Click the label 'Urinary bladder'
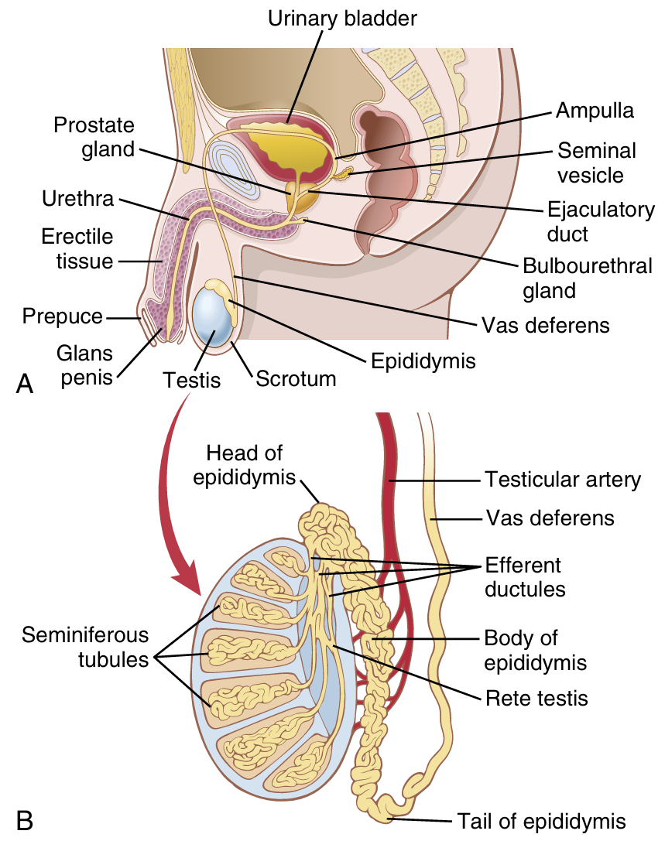pyautogui.click(x=343, y=18)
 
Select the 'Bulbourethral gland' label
pyautogui.click(x=588, y=278)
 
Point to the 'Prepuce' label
pyautogui.click(x=62, y=316)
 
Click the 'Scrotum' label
pyautogui.click(x=296, y=379)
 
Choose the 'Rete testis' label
pyautogui.click(x=536, y=699)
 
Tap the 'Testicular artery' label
pyautogui.click(x=563, y=480)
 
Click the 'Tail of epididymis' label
pyautogui.click(x=540, y=820)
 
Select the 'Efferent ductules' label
pyautogui.click(x=524, y=576)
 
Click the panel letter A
pyautogui.click(x=24, y=384)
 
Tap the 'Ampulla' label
pyautogui.click(x=595, y=111)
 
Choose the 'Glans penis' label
pyautogui.click(x=84, y=365)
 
